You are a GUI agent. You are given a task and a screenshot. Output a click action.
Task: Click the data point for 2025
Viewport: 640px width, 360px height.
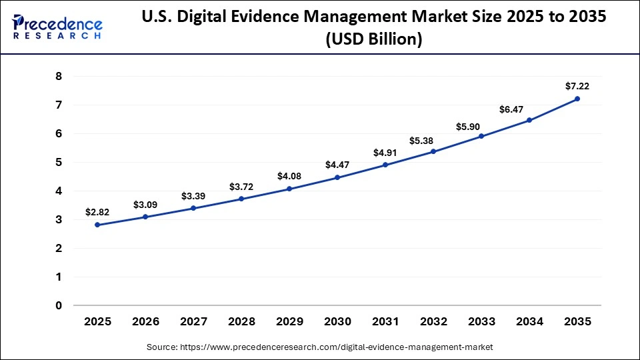(x=97, y=225)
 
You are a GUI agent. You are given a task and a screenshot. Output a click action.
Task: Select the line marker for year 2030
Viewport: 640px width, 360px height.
(x=337, y=177)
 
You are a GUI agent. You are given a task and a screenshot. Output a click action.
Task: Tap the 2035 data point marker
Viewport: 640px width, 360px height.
(x=577, y=99)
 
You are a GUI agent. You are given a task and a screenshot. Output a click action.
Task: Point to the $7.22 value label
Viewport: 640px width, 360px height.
(x=577, y=86)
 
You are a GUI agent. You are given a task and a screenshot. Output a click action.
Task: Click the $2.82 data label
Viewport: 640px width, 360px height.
(x=97, y=212)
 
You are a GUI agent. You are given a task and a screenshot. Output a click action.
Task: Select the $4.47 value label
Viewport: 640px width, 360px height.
(x=337, y=165)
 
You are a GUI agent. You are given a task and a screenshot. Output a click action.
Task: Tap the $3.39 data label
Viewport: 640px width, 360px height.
(x=193, y=196)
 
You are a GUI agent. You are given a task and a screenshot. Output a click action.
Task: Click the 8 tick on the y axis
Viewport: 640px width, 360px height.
(x=59, y=76)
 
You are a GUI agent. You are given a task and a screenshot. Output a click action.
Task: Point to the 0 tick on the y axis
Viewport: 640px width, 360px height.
(x=59, y=305)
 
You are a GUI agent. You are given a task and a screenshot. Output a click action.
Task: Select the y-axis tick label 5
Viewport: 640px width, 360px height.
(x=59, y=162)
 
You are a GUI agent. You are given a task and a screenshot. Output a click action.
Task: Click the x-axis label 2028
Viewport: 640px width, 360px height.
(x=241, y=321)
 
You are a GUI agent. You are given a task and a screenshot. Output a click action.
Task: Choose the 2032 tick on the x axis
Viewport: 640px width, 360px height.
(x=433, y=321)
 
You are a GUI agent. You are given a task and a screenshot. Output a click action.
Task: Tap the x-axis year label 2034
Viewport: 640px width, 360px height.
(x=529, y=321)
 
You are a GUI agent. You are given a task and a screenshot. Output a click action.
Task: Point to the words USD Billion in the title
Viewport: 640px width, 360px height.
(x=373, y=40)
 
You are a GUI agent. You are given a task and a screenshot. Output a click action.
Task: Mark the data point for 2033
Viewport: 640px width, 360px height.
(x=481, y=136)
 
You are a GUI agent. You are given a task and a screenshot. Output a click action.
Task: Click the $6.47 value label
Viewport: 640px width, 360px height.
(x=529, y=107)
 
